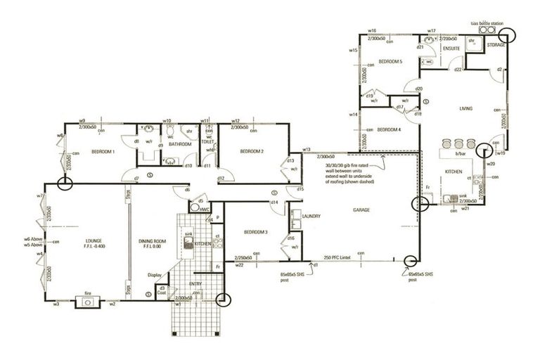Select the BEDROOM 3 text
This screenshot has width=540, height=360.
click(x=255, y=231)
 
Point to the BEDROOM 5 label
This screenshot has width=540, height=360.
click(x=390, y=63)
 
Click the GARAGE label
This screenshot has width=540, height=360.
click(x=361, y=210)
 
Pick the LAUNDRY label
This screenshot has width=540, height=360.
click(x=311, y=217)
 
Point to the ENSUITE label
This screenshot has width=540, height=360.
click(x=451, y=49)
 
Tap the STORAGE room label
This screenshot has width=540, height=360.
click(x=496, y=45)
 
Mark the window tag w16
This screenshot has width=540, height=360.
click(x=372, y=31)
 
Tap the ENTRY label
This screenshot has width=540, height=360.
click(x=195, y=283)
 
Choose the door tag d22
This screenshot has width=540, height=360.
click(x=457, y=70)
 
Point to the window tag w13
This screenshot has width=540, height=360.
click(x=307, y=150)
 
